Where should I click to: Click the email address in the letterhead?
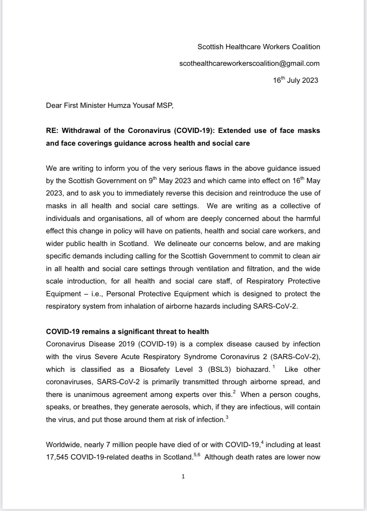pyautogui.click(x=249, y=64)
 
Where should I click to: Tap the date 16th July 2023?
pyautogui.click(x=295, y=80)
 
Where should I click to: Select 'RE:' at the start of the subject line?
pyautogui.click(x=53, y=131)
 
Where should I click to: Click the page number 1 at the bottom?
pyautogui.click(x=183, y=476)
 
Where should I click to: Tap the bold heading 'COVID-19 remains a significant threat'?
pyautogui.click(x=127, y=332)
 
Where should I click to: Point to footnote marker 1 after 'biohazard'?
pyautogui.click(x=274, y=367)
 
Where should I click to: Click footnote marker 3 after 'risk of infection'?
pyautogui.click(x=227, y=417)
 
